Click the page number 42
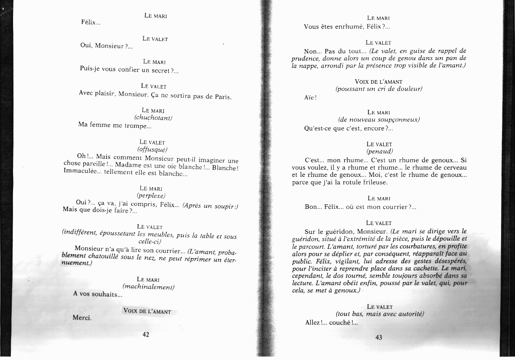point(146,334)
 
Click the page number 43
point(378,337)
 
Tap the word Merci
point(82,317)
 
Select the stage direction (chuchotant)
point(153,117)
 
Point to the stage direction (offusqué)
point(152,149)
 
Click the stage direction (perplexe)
point(151,195)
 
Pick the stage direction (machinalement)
point(148,287)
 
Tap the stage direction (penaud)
point(380,152)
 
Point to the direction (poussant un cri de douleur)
point(379,89)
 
